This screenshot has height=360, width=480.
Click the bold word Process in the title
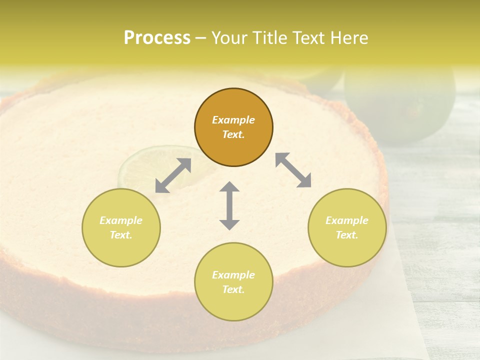tap(157, 38)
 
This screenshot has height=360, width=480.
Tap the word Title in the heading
tap(272, 38)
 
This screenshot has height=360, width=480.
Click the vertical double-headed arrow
tap(229, 205)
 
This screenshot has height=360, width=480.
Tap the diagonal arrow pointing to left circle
tap(173, 175)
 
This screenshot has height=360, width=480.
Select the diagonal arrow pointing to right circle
tap(293, 170)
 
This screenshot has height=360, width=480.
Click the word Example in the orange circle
tap(233, 120)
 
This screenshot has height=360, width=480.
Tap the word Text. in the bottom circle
tap(233, 289)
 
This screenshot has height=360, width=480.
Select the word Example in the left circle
tap(121, 220)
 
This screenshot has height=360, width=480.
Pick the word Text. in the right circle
tap(347, 235)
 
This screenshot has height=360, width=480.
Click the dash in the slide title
tap(201, 38)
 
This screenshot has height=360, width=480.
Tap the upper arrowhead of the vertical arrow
tap(229, 188)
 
